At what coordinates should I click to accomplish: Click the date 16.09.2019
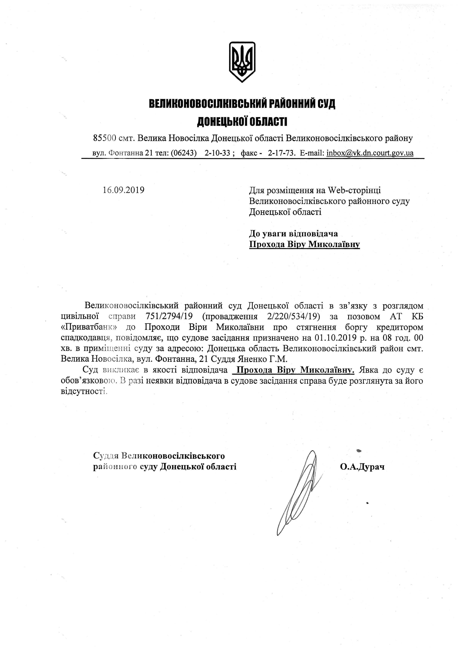tap(124, 190)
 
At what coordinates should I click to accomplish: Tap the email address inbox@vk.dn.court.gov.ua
tap(370, 153)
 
